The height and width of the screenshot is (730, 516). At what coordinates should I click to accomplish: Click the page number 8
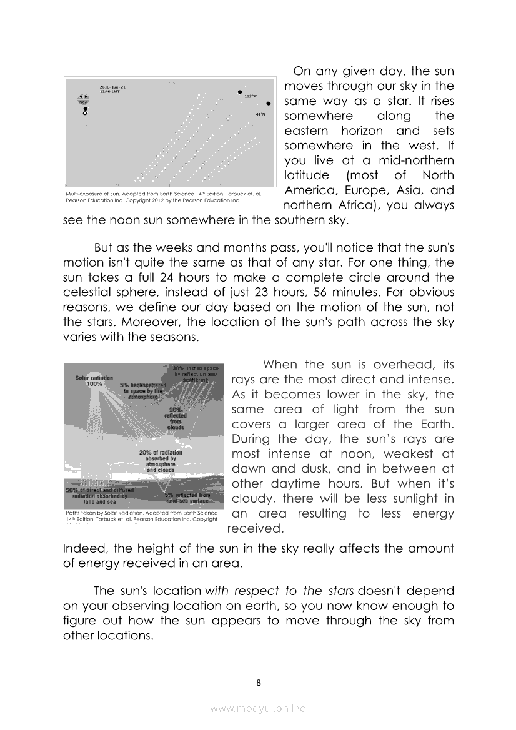[x=259, y=682]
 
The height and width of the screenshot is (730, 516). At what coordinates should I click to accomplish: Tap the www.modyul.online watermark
[x=258, y=708]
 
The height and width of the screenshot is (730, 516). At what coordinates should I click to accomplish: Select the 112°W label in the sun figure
[x=251, y=96]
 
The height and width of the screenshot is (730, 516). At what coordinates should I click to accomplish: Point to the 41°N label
[x=261, y=115]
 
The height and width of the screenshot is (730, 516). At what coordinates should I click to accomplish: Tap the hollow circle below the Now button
[x=85, y=114]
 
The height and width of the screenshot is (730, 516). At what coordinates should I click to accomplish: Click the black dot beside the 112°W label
[x=240, y=92]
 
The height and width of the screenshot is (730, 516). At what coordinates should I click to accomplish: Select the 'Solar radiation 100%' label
[x=94, y=381]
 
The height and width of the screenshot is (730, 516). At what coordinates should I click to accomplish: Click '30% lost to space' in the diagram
[x=196, y=368]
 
